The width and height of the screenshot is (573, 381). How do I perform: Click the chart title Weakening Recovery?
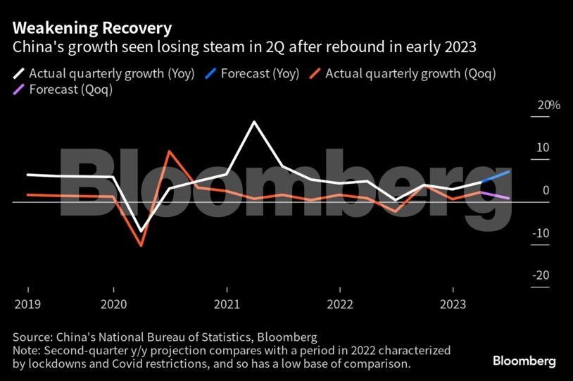(92, 28)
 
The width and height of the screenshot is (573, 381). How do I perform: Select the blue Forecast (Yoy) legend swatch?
(210, 73)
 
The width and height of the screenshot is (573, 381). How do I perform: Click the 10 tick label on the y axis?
(542, 148)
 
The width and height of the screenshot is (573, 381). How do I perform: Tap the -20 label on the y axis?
(541, 275)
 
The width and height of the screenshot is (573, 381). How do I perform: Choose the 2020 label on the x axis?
(113, 306)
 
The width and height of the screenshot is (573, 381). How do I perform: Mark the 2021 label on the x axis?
(227, 306)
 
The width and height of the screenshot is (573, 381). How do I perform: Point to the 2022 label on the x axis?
(340, 306)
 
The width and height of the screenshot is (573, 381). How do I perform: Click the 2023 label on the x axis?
(453, 306)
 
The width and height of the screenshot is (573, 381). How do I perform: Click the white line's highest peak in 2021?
(254, 122)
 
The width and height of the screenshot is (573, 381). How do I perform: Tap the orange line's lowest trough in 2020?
(141, 246)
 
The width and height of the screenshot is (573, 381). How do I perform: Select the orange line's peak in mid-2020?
(170, 151)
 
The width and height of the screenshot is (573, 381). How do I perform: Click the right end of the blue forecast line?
(510, 171)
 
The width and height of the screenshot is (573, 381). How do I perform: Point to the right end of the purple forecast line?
(510, 199)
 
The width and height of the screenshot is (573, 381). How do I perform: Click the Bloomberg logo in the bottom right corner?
(524, 361)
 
